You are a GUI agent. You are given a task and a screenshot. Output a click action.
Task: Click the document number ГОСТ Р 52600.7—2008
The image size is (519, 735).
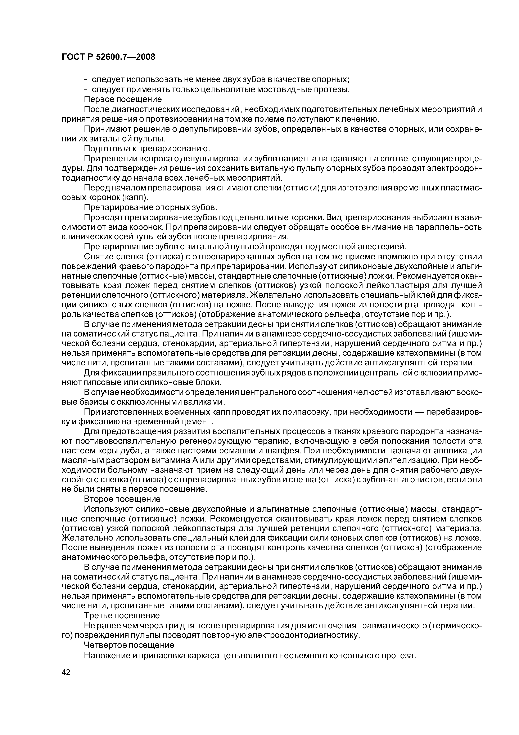coord(108,57)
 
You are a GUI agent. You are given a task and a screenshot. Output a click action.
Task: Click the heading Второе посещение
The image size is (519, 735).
coord(122,499)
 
